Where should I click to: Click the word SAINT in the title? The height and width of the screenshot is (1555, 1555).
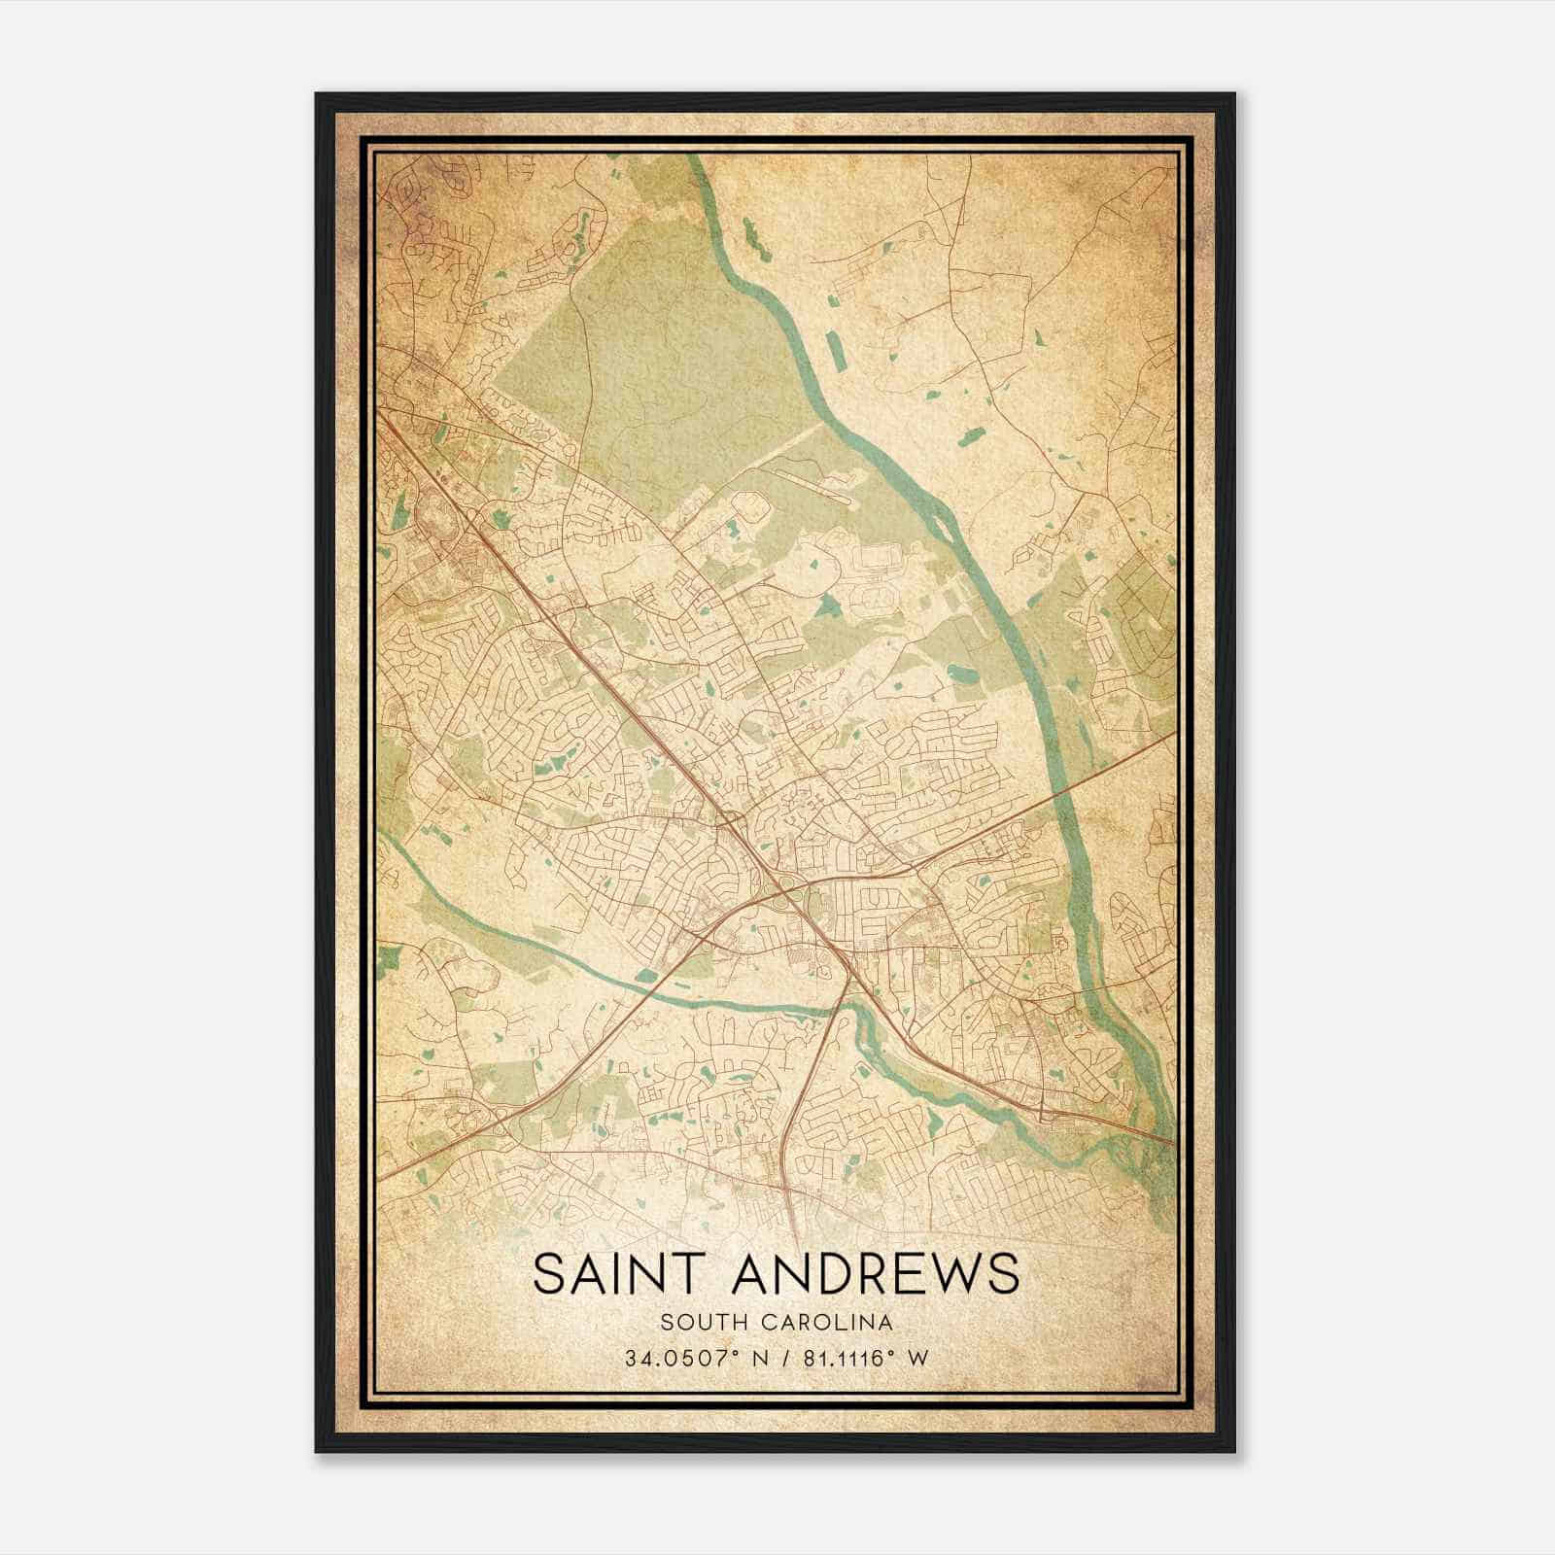tap(619, 1274)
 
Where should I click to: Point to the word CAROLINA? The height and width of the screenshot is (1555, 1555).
tap(836, 1322)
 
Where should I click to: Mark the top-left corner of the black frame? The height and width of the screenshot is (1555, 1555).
tap(317, 94)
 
